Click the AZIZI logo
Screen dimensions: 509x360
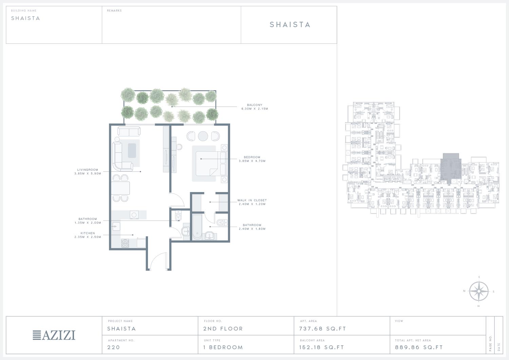(54, 335)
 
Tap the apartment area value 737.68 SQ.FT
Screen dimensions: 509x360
(322, 329)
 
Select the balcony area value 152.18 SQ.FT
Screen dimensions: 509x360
(322, 347)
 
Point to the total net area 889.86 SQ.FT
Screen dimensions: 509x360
(419, 347)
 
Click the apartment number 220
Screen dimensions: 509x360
(113, 347)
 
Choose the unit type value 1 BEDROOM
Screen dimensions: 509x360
(223, 347)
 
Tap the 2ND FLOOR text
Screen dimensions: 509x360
(223, 329)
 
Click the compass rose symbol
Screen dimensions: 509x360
(479, 291)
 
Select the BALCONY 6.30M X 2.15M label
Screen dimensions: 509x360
(255, 107)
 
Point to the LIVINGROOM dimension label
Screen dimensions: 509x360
(88, 172)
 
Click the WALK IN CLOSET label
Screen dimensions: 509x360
(252, 202)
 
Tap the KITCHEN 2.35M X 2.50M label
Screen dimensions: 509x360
(88, 235)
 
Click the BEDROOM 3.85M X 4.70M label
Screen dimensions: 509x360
(252, 159)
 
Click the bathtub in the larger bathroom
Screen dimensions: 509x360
(197, 227)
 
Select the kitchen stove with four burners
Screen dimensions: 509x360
(125, 243)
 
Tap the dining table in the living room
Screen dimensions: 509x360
(120, 188)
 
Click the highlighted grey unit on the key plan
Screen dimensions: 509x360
(451, 168)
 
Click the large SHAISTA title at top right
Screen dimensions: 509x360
(290, 24)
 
